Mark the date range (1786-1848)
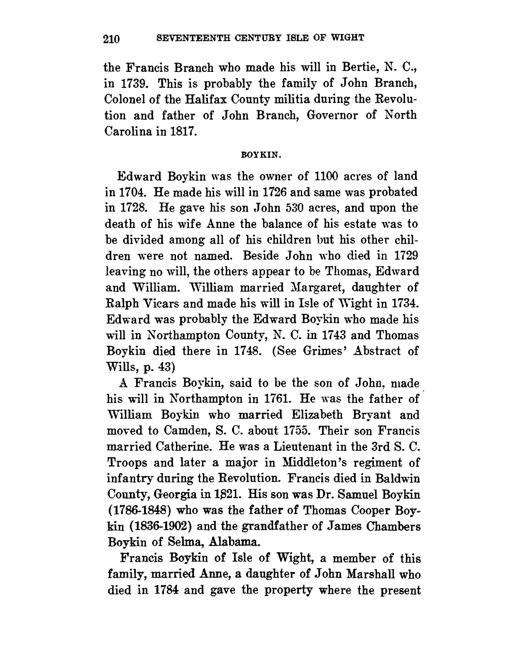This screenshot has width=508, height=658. click(x=140, y=511)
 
